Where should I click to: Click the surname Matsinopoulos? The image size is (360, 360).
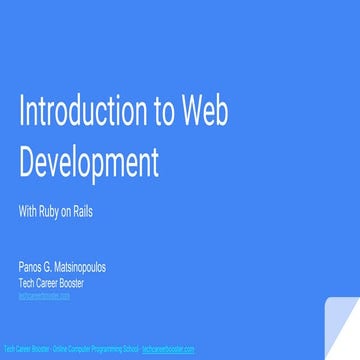point(82,270)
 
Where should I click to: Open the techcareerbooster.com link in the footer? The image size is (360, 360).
point(168,348)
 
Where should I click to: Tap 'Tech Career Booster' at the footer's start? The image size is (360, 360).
point(26,348)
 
